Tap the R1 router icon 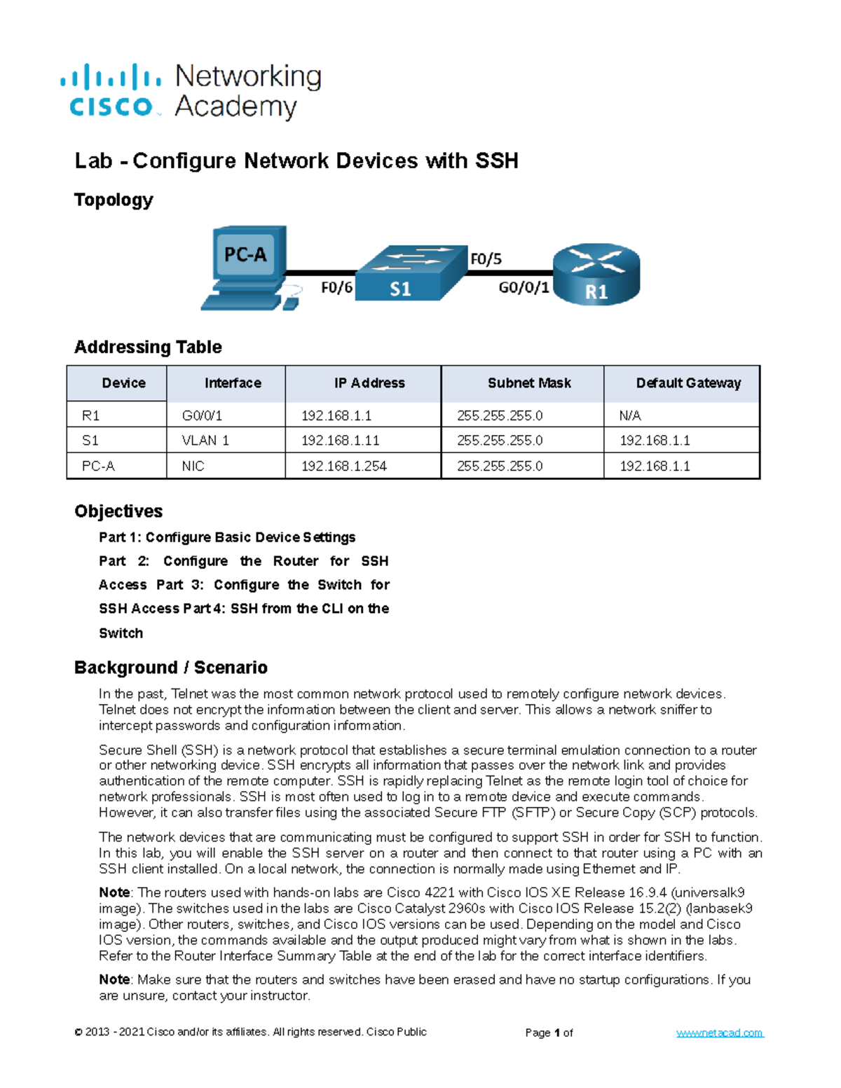coord(596,275)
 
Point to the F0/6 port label coord(336,288)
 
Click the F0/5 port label coord(486,259)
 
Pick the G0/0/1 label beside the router coord(524,288)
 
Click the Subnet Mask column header coord(529,383)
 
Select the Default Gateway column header coord(688,383)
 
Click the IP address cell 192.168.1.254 coord(344,466)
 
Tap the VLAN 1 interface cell coord(205,441)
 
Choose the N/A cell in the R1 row coord(630,415)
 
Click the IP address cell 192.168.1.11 coord(340,441)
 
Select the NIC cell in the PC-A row coord(193,466)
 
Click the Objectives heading coord(118,511)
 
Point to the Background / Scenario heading coord(171,668)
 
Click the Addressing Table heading coord(148,347)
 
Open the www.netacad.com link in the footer coord(720,1033)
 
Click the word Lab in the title coord(93,161)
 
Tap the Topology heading coord(114,200)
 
